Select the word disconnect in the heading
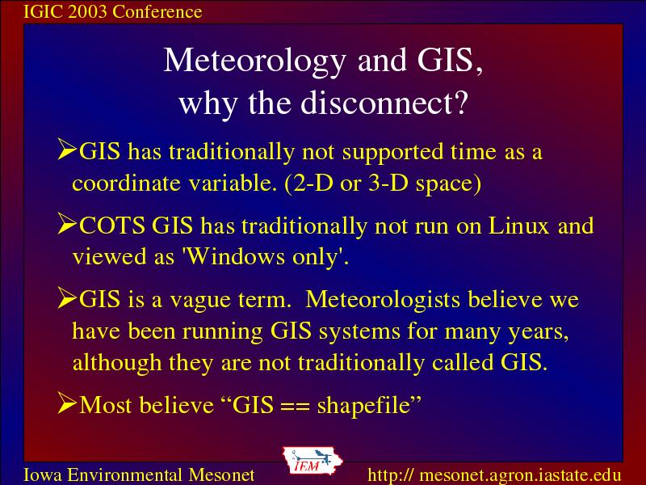click(376, 103)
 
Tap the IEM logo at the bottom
click(313, 461)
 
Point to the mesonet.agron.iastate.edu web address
click(494, 474)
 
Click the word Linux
click(518, 226)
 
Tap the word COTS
click(111, 226)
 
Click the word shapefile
click(363, 405)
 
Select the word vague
click(200, 301)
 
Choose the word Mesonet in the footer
click(221, 474)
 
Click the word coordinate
click(127, 183)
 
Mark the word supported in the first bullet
click(392, 153)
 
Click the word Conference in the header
click(157, 11)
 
